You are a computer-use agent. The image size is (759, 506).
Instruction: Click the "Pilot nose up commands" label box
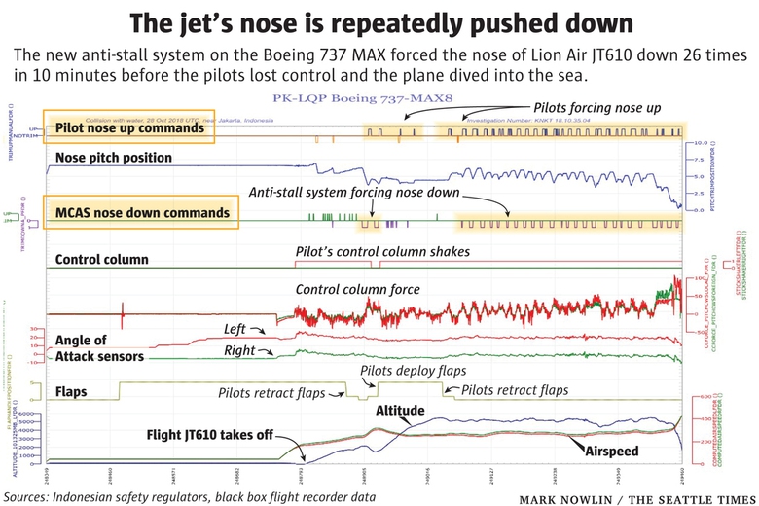129,127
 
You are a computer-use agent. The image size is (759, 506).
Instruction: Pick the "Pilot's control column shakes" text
382,252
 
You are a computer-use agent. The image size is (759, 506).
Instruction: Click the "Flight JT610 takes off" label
208,435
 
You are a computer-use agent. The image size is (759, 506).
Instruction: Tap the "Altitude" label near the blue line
401,412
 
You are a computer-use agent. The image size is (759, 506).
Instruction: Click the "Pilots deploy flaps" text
413,371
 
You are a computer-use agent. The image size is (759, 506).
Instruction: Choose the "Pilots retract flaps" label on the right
515,390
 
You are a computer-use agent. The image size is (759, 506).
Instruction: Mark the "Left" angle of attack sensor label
237,328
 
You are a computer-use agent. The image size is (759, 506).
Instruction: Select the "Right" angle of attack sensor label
240,349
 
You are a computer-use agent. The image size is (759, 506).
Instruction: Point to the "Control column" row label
102,260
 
